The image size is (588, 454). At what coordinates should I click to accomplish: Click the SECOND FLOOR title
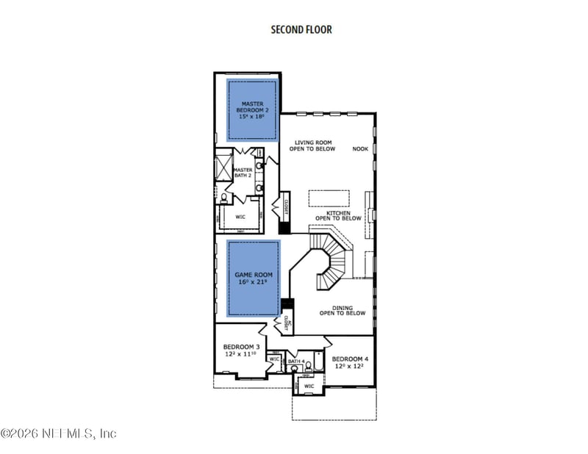pos(301,29)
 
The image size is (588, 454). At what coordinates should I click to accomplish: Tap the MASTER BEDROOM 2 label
pos(252,110)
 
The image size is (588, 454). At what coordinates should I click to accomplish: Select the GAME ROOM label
pos(253,279)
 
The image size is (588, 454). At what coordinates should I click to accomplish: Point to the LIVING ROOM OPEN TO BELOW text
pos(315,145)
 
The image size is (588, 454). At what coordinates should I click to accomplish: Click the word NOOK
pos(360,148)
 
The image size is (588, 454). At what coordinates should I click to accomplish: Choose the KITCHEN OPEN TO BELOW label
pos(338,215)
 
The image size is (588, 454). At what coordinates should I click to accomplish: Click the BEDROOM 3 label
pos(241,350)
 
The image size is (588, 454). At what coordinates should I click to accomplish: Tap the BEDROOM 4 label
pos(350,362)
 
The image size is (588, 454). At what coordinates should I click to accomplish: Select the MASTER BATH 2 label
pos(243,173)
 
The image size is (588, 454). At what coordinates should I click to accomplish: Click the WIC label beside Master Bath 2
pos(240,217)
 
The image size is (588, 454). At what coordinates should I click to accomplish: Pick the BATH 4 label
pos(295,361)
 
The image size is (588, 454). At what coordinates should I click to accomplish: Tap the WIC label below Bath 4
pos(309,386)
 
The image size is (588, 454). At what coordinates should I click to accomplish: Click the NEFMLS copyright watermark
pos(59,433)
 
